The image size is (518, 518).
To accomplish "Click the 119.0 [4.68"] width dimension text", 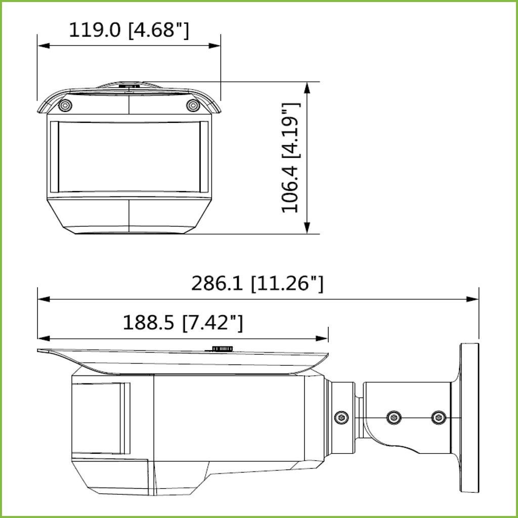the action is click(x=129, y=30).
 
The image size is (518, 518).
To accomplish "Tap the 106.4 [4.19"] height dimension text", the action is click(x=291, y=158).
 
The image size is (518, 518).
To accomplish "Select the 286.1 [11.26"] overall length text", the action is click(x=257, y=283).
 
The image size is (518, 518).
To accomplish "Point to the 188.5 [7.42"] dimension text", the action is click(x=183, y=323).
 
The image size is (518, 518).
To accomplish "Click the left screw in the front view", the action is click(x=65, y=105).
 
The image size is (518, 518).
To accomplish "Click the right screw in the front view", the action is click(x=193, y=105).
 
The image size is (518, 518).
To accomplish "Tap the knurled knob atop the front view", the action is click(x=129, y=86).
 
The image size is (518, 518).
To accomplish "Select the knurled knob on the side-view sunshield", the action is click(x=223, y=349).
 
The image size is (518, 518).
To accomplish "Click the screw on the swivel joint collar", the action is click(x=341, y=417).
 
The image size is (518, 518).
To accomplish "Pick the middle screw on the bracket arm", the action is click(x=394, y=417).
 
